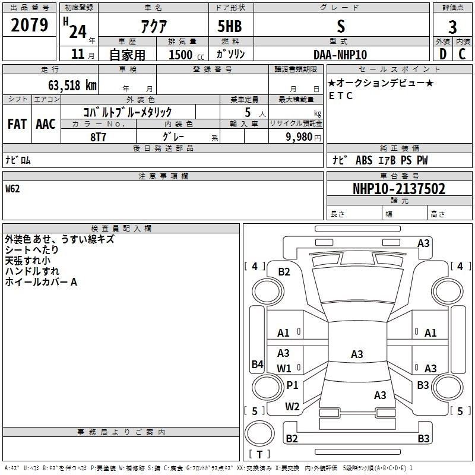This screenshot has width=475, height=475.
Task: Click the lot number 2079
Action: (x=29, y=25)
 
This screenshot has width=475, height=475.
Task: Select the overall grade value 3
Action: (x=452, y=27)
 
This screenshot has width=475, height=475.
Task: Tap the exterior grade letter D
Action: (x=443, y=54)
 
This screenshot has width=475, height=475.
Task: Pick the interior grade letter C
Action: (x=462, y=54)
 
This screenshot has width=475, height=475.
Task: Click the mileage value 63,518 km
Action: (x=72, y=85)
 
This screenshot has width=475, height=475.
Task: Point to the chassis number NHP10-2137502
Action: (x=399, y=189)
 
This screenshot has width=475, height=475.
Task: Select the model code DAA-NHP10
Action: (x=340, y=55)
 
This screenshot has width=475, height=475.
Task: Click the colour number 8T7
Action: (x=98, y=137)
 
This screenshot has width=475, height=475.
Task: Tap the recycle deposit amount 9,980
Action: (x=299, y=137)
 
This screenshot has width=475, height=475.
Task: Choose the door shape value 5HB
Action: (x=230, y=26)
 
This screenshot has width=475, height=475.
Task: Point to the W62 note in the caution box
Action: (x=12, y=189)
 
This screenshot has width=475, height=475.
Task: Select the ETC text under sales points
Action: (x=341, y=96)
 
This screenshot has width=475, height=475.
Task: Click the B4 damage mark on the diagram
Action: (x=258, y=364)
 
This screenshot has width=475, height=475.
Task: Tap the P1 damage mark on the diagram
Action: (x=292, y=385)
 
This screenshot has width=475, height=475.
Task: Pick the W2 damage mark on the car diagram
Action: (x=292, y=407)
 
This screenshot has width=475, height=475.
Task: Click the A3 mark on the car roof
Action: (x=357, y=354)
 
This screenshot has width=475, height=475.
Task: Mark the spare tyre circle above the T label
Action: (x=259, y=433)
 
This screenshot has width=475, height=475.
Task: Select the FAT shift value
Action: (x=17, y=124)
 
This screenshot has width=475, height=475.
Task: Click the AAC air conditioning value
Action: (x=46, y=124)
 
